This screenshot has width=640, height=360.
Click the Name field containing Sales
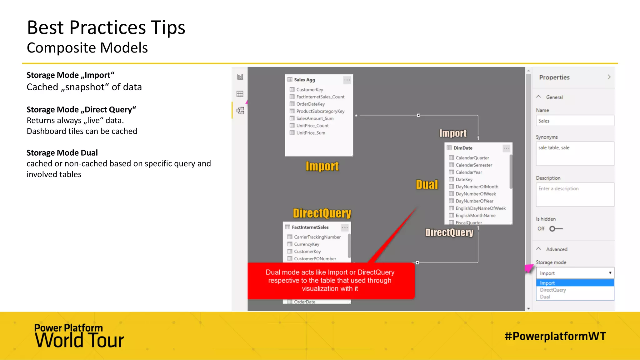pyautogui.click(x=575, y=121)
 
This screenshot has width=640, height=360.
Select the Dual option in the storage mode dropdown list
pyautogui.click(x=545, y=297)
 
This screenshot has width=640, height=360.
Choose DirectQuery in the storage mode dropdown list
pyautogui.click(x=553, y=290)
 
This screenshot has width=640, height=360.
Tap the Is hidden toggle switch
pyautogui.click(x=556, y=229)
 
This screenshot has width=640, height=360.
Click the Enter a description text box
pyautogui.click(x=575, y=194)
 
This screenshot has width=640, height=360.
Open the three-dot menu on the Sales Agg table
pyautogui.click(x=347, y=80)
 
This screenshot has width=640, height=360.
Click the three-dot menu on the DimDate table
pyautogui.click(x=506, y=148)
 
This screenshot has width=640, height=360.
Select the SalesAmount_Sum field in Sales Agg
pyautogui.click(x=315, y=118)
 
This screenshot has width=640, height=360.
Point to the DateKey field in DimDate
pyautogui.click(x=464, y=179)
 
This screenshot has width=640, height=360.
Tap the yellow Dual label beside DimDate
pyautogui.click(x=427, y=185)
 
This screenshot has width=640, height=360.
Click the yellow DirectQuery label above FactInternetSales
pyautogui.click(x=322, y=213)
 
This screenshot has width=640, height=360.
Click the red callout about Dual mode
pyautogui.click(x=331, y=281)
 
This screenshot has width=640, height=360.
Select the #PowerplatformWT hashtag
pyautogui.click(x=555, y=336)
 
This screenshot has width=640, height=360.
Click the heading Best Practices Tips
pyautogui.click(x=106, y=27)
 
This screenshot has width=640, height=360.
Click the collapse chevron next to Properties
pyautogui.click(x=609, y=77)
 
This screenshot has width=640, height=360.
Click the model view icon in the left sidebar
pyautogui.click(x=240, y=111)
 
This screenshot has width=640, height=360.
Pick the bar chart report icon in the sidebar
pyautogui.click(x=240, y=77)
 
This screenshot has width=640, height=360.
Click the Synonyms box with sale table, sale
pyautogui.click(x=575, y=154)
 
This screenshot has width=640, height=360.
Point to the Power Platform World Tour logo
pyautogui.click(x=79, y=336)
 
